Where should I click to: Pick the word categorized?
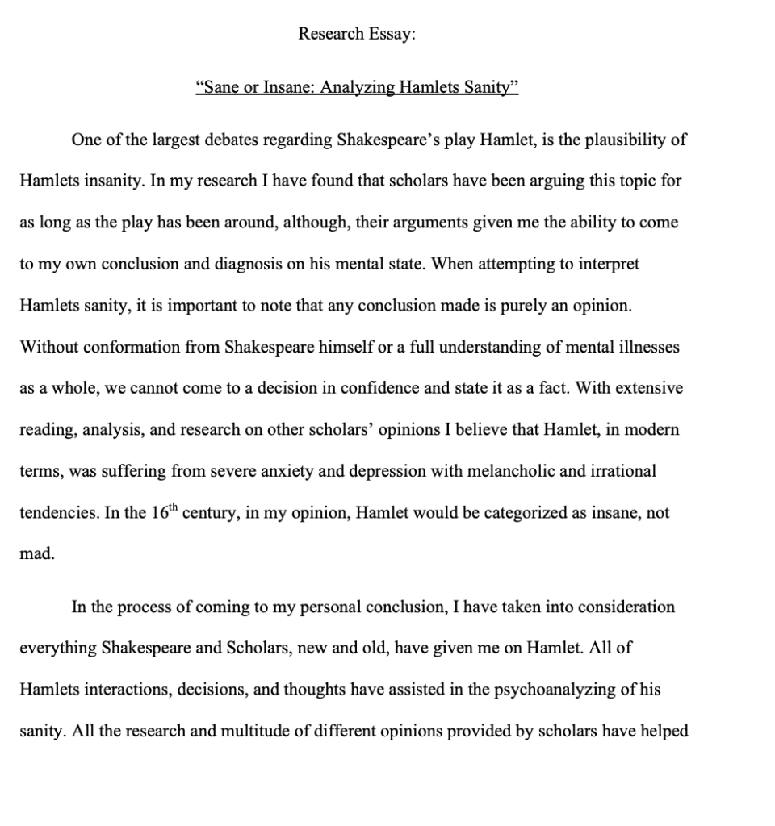[511, 513]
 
